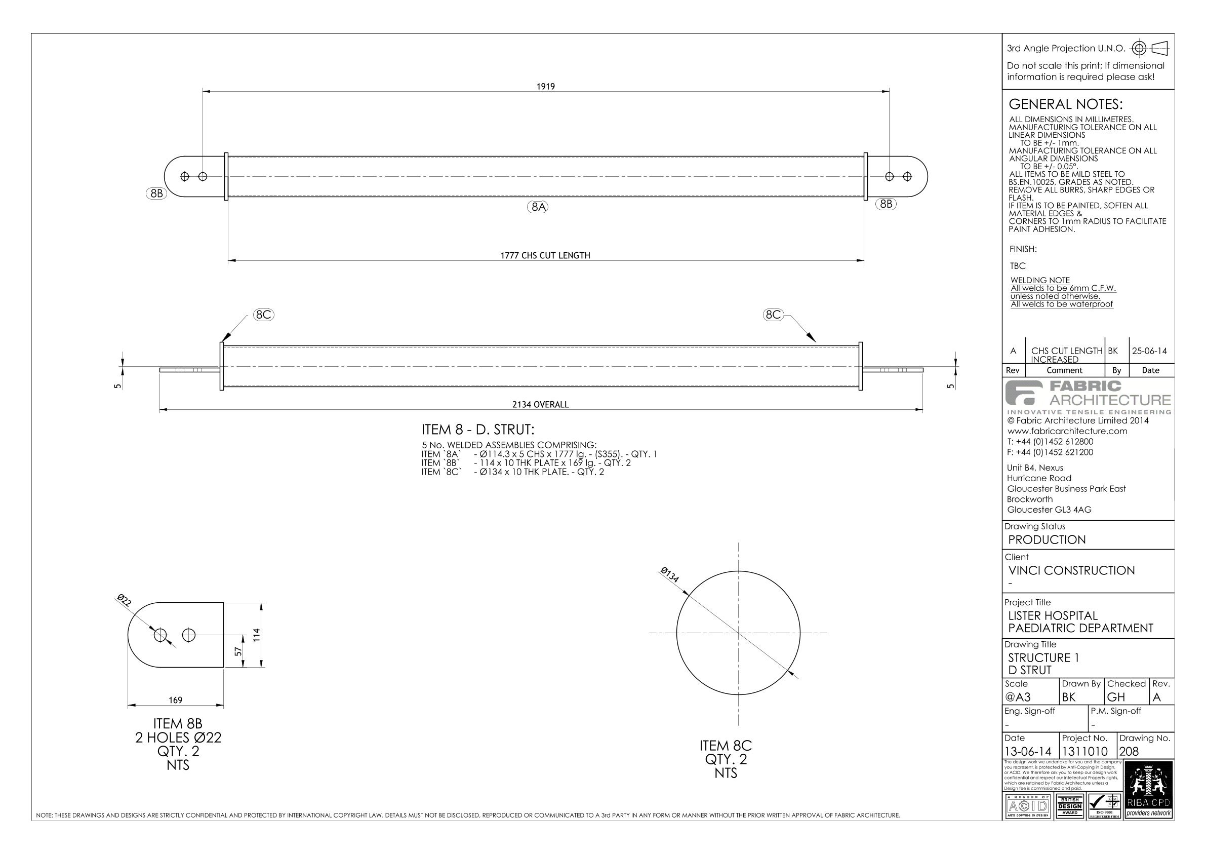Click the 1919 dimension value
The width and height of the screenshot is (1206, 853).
tap(545, 87)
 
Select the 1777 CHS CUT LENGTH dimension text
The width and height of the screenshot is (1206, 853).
tap(545, 255)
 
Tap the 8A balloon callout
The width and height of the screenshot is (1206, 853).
tap(538, 207)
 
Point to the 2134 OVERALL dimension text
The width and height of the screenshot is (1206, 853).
tap(540, 405)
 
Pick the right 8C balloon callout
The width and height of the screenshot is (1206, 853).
tap(773, 315)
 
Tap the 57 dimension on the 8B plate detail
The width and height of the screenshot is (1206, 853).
tap(238, 651)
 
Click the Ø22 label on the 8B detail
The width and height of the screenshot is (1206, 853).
tap(124, 600)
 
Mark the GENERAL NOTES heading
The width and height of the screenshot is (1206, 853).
tap(1065, 104)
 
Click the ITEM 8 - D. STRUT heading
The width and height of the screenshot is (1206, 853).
tap(477, 430)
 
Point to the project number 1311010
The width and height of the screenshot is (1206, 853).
tap(1084, 752)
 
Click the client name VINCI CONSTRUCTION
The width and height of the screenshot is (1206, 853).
tap(1071, 570)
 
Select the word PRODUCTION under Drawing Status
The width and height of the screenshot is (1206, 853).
tap(1047, 540)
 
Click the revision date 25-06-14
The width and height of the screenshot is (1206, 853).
tap(1149, 351)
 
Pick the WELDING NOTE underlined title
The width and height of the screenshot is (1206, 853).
tap(1040, 280)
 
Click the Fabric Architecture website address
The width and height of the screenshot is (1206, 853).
tap(1067, 431)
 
